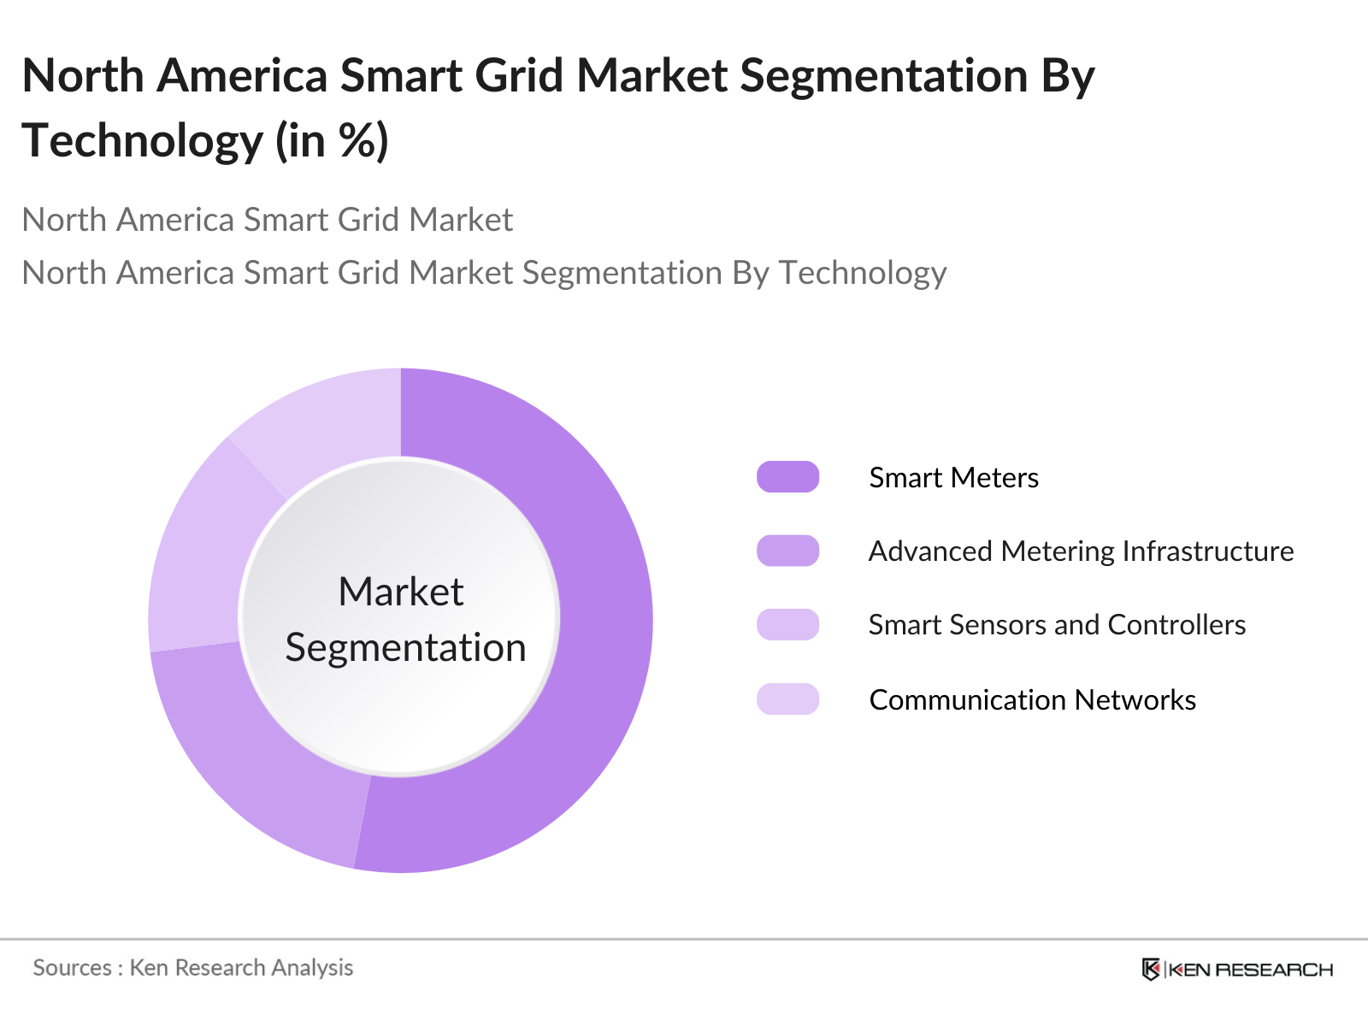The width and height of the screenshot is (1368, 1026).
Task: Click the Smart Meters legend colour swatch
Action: [787, 477]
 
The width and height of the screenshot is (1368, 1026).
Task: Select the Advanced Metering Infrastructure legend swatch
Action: [787, 551]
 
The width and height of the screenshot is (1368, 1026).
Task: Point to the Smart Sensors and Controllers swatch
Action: [787, 625]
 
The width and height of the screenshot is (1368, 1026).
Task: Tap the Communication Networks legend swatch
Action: [787, 699]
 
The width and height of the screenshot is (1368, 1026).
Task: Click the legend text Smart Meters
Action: [953, 478]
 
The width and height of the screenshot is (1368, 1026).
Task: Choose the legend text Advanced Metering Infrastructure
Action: [1081, 551]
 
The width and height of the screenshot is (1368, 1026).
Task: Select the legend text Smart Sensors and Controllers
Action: [1057, 625]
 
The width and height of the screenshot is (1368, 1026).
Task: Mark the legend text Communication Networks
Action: [1032, 700]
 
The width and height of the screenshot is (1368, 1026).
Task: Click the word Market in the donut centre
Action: [400, 592]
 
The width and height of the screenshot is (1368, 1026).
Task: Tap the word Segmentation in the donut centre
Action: [405, 647]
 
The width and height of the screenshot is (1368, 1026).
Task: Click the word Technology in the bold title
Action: [142, 141]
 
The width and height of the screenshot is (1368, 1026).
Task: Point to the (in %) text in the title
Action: [332, 141]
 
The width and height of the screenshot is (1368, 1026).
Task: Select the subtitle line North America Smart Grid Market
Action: [267, 220]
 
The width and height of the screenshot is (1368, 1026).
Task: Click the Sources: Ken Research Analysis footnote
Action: [192, 968]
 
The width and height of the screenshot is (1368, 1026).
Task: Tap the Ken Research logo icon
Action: [1151, 970]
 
